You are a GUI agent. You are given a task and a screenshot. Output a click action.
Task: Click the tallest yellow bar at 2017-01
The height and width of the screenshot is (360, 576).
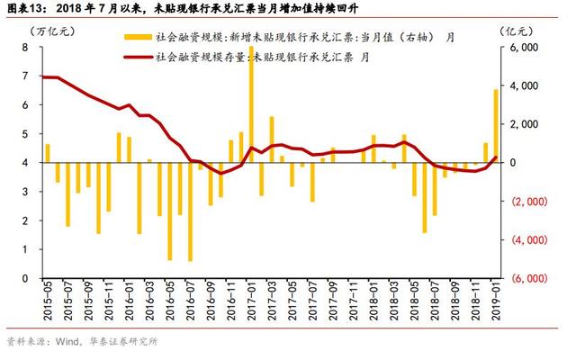[251, 104]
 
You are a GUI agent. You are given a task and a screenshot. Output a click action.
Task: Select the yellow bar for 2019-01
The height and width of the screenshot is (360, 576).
[496, 126]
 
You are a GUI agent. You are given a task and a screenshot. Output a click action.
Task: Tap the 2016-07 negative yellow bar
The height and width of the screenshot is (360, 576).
[190, 211]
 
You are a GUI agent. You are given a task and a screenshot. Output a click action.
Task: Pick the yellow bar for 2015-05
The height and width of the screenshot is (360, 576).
[48, 153]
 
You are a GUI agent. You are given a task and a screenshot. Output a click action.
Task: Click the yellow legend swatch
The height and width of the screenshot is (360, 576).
[138, 37]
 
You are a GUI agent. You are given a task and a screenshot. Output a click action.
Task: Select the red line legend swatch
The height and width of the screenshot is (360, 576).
[138, 57]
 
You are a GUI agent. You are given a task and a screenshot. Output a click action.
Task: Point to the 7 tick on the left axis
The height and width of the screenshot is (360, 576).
[25, 76]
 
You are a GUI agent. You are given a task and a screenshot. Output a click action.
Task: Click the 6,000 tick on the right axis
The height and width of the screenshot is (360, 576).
[524, 48]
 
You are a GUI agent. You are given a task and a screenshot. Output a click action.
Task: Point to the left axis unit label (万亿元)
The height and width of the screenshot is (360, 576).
[53, 31]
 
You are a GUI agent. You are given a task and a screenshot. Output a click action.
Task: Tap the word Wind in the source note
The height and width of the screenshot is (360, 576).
[67, 342]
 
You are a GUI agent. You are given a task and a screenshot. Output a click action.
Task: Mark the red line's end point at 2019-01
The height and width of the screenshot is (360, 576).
[495, 157]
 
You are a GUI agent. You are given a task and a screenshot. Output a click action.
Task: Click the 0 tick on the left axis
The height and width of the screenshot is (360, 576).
[25, 278]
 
